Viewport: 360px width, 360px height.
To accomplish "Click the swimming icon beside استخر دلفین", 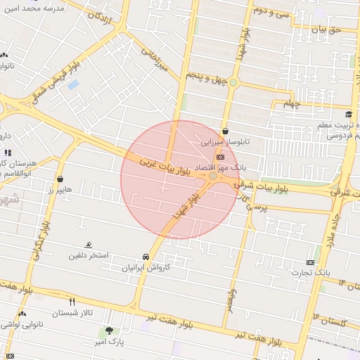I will [x=89, y=245].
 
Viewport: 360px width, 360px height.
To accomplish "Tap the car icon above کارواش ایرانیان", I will [x=146, y=257].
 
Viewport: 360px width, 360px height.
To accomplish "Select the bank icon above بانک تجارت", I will [x=310, y=261].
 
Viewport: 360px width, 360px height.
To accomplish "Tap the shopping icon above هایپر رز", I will [x=60, y=179].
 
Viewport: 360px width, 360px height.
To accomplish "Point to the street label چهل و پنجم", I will [x=208, y=76].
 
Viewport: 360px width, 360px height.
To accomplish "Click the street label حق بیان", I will [x=325, y=30].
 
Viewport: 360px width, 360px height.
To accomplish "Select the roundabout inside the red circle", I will [x=213, y=176].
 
